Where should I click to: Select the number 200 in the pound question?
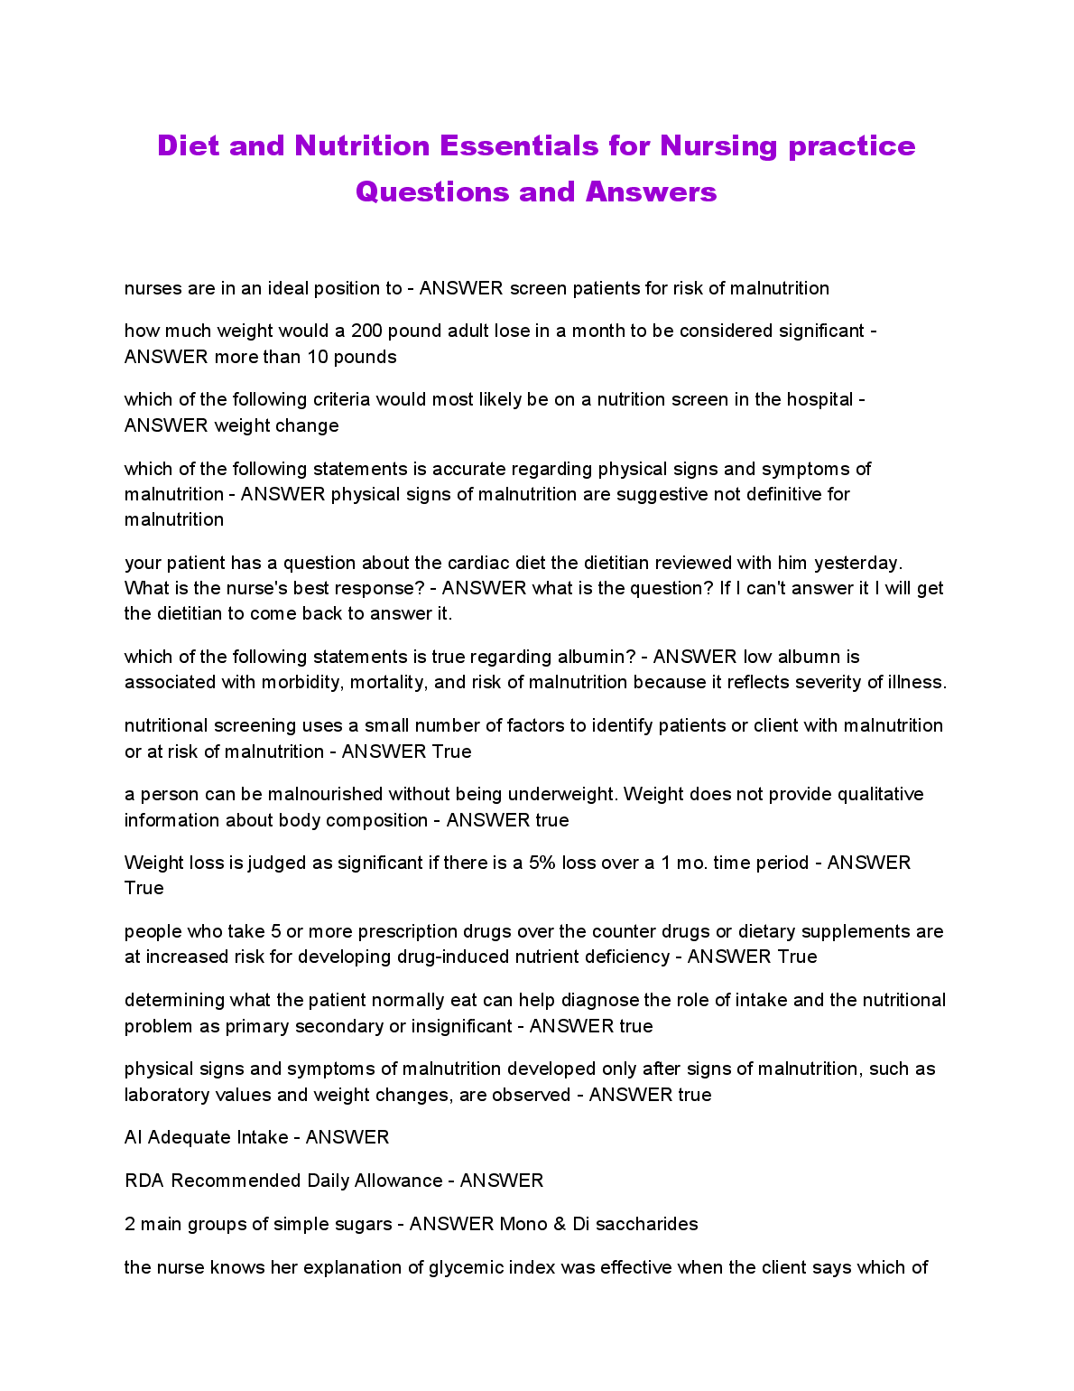click(366, 331)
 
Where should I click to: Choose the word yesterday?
click(857, 563)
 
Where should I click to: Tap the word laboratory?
click(168, 1095)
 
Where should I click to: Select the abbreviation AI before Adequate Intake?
click(134, 1137)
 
